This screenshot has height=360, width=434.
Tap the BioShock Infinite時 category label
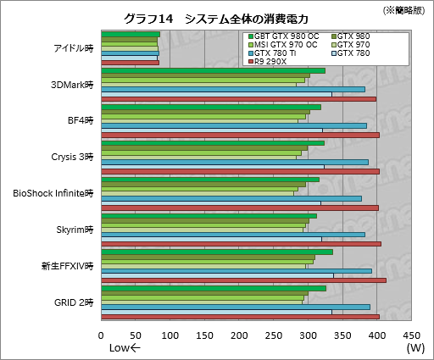[53, 193]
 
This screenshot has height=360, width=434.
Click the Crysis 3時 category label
[73, 157]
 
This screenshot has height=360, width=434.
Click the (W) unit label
[415, 348]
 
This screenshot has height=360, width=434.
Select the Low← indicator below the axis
[126, 348]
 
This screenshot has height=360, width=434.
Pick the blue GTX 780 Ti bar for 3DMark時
[233, 89]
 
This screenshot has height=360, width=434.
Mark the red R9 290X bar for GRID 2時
[240, 317]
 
